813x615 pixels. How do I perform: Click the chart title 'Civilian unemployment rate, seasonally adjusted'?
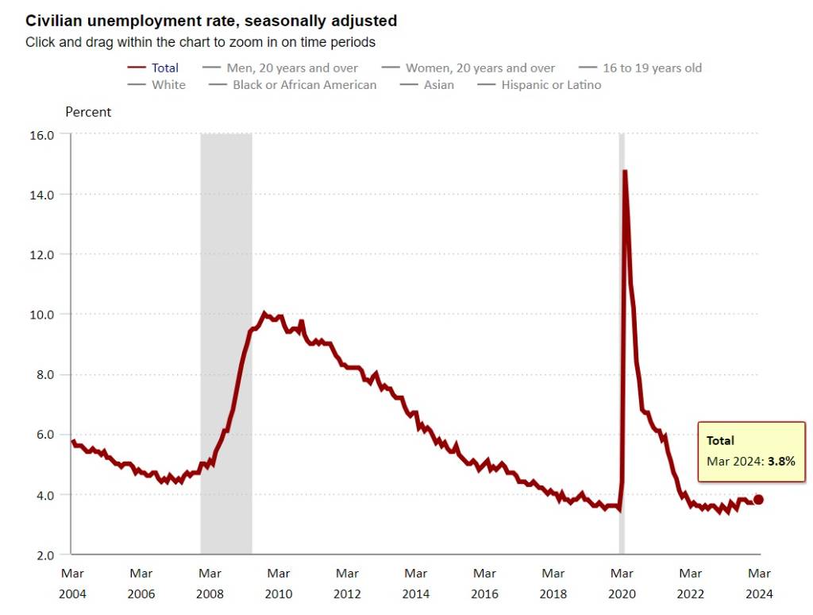click(x=211, y=21)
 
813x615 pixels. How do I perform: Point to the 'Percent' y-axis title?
click(x=88, y=112)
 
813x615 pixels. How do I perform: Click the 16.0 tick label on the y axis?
click(x=42, y=135)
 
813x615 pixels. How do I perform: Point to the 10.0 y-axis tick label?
click(x=42, y=315)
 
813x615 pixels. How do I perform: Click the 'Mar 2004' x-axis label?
click(x=72, y=583)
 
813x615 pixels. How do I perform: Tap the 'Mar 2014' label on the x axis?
click(x=416, y=583)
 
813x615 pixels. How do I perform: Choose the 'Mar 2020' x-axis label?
click(x=622, y=583)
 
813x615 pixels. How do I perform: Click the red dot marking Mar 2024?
click(x=758, y=499)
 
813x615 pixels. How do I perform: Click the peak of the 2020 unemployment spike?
click(x=625, y=172)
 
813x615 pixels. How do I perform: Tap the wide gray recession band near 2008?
click(x=226, y=342)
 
